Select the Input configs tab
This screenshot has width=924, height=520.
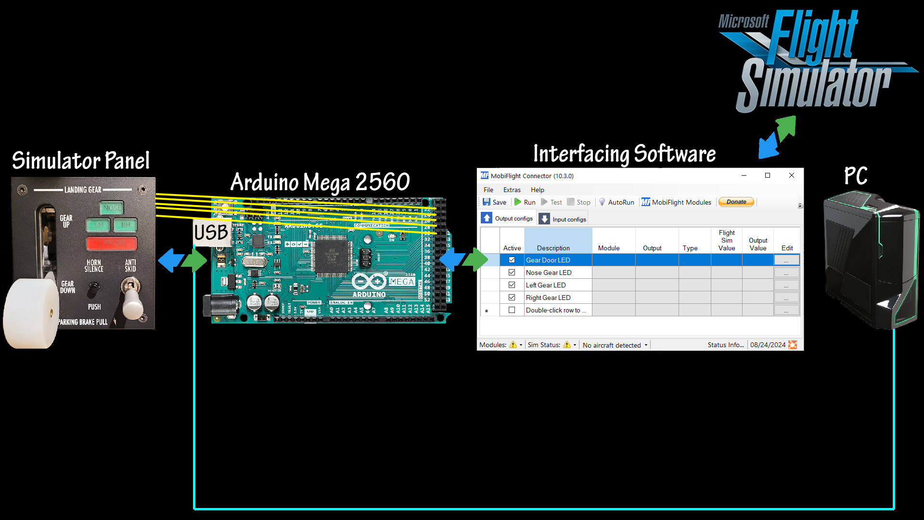(563, 219)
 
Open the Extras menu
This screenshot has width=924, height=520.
(512, 190)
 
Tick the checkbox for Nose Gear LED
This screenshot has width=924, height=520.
(512, 273)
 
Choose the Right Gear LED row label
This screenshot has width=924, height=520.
(548, 298)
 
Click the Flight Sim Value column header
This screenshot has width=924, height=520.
(726, 240)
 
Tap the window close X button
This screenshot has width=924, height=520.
(791, 176)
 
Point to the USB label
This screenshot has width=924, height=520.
(211, 233)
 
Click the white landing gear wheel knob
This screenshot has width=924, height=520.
(31, 313)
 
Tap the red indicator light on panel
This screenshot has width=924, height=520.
(112, 243)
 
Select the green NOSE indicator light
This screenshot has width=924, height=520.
(112, 208)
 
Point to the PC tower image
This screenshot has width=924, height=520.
(871, 260)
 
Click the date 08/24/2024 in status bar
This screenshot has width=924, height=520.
(768, 345)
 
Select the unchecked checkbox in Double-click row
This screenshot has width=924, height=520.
(512, 310)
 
